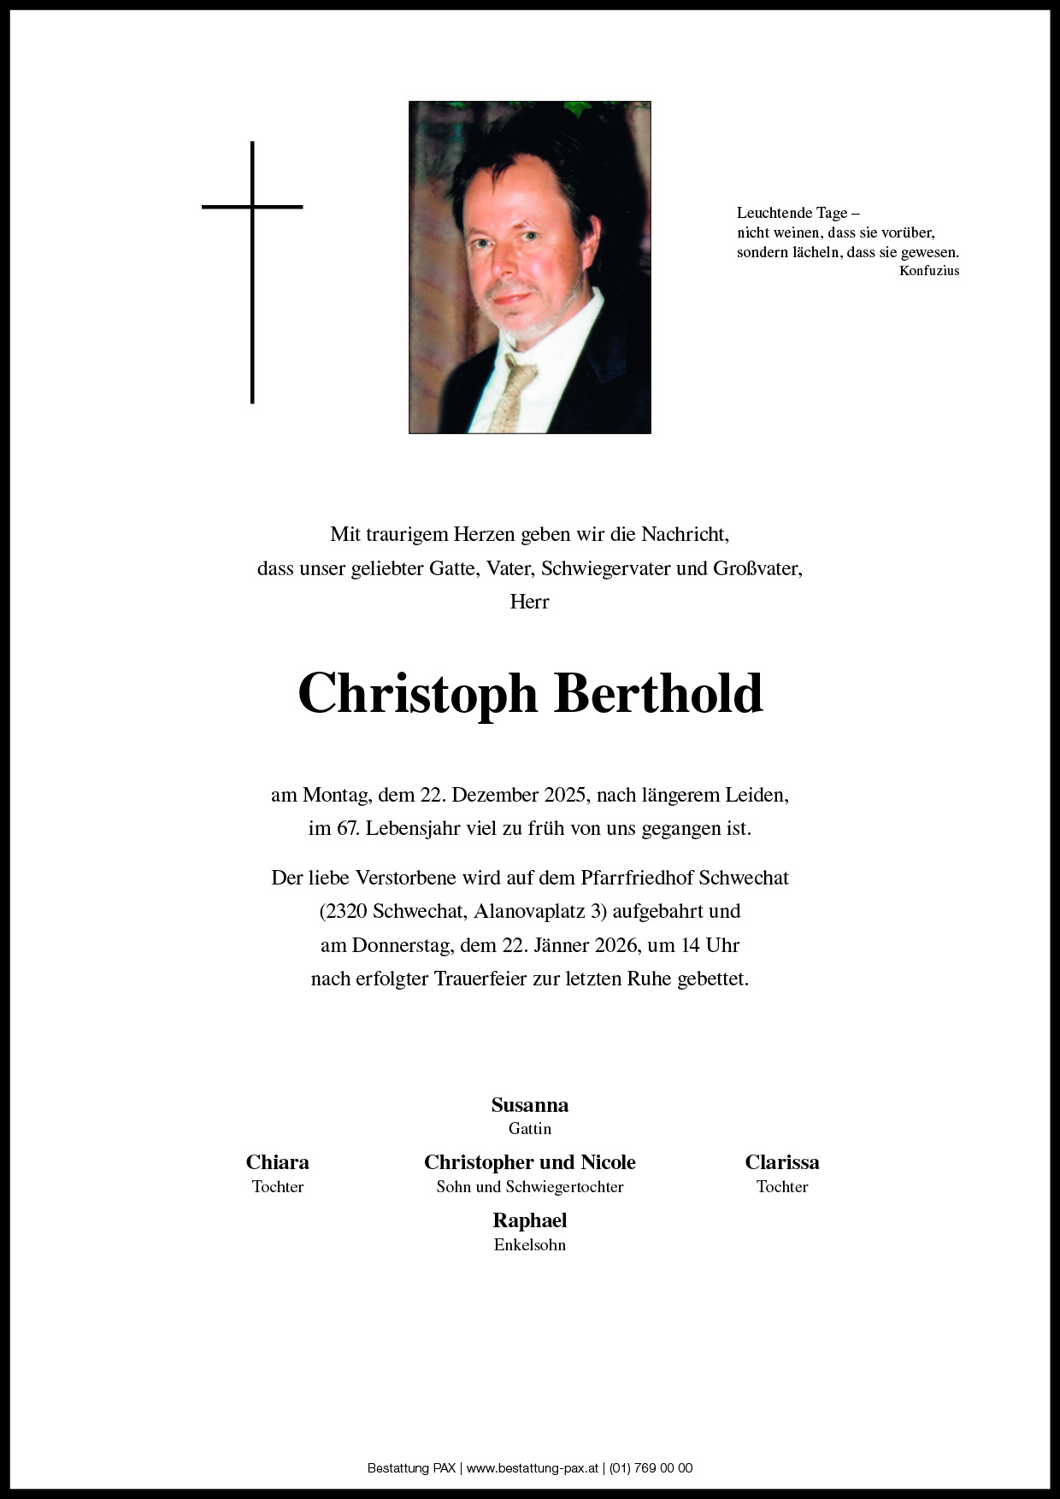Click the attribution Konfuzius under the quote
click(929, 271)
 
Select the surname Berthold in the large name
click(658, 693)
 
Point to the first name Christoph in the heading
click(417, 693)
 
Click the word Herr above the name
click(529, 602)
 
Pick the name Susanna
click(529, 1105)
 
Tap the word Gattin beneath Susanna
click(529, 1129)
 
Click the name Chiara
click(277, 1162)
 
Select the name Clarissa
click(781, 1162)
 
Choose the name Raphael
click(529, 1220)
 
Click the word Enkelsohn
click(529, 1245)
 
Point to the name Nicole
click(608, 1162)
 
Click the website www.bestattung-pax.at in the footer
click(532, 1468)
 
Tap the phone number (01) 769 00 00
click(651, 1468)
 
